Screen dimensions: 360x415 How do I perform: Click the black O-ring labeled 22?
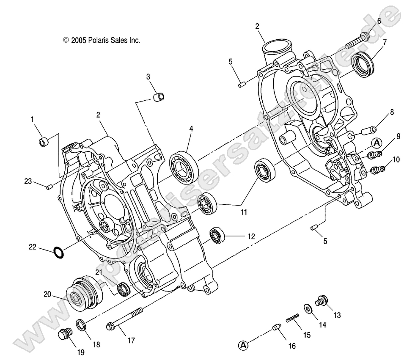coord(58,252)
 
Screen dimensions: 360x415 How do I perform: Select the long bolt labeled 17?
coord(125,320)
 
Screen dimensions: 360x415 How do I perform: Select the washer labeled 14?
coord(308,308)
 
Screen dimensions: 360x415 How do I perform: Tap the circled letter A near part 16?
coord(243,345)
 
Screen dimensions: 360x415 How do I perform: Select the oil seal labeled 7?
coord(363,63)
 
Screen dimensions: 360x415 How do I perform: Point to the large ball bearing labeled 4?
coord(184,164)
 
